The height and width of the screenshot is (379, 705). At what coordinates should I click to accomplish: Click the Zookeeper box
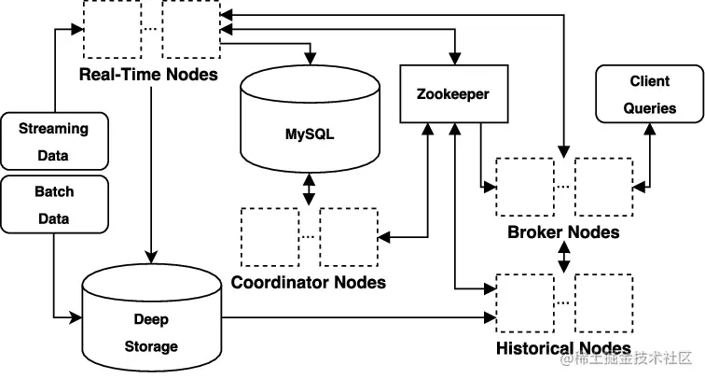451,94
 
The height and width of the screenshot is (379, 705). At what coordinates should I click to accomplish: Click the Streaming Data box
53,140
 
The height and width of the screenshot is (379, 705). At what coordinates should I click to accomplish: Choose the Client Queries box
650,94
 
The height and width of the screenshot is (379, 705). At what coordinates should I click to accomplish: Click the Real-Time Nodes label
148,74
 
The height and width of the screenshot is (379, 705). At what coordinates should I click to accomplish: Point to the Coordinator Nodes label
308,281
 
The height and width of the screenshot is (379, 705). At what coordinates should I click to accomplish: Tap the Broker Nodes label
563,231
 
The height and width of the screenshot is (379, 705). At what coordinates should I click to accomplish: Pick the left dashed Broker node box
524,186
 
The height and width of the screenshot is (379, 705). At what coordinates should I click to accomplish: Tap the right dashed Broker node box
603,186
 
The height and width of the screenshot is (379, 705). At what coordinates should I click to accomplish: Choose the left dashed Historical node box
524,302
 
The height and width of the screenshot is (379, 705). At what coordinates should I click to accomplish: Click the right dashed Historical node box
603,302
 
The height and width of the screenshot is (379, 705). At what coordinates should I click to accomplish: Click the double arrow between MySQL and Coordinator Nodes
309,190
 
